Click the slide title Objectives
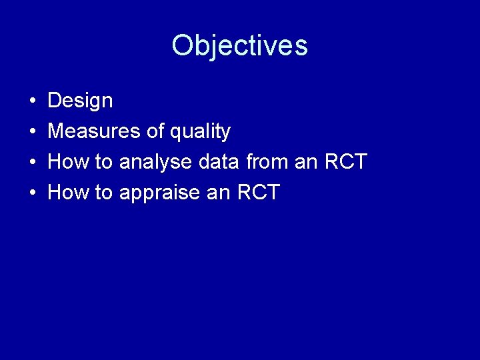[x=239, y=46]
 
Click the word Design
[x=81, y=101]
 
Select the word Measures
[x=94, y=132]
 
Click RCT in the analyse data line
[x=345, y=162]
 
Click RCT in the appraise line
[x=257, y=193]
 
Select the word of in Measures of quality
[x=155, y=132]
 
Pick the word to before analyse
[x=103, y=162]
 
